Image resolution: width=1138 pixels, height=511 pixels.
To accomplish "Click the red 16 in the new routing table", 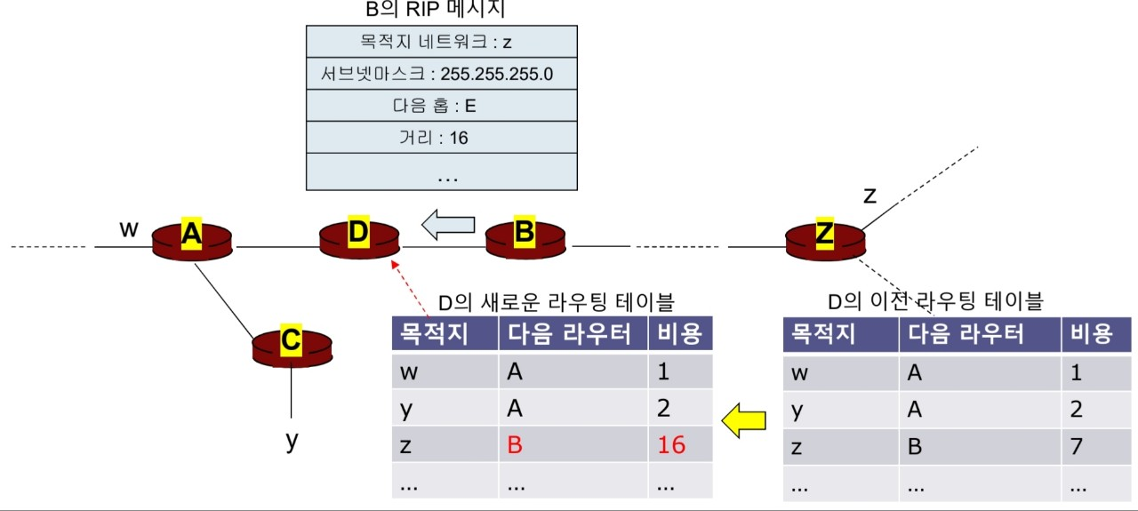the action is [671, 444].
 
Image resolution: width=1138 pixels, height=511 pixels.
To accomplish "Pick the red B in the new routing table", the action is [516, 444].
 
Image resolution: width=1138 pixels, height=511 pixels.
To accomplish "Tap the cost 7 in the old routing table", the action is [1076, 445].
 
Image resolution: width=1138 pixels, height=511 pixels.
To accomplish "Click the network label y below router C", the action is [291, 441].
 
